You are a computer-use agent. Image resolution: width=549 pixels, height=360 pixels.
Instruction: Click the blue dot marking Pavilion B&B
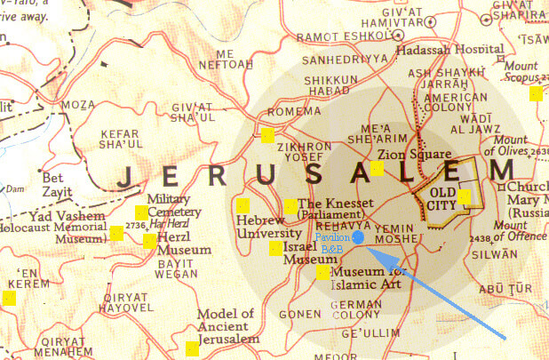pyautogui.click(x=357, y=238)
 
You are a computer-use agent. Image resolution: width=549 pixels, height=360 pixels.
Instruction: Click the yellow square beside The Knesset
pyautogui.click(x=291, y=205)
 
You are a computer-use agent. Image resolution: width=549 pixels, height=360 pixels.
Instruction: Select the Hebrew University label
pyautogui.click(x=262, y=226)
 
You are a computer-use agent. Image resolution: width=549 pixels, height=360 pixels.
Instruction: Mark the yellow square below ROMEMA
pyautogui.click(x=267, y=136)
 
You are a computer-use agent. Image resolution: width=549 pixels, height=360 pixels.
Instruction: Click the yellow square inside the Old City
pyautogui.click(x=465, y=196)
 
